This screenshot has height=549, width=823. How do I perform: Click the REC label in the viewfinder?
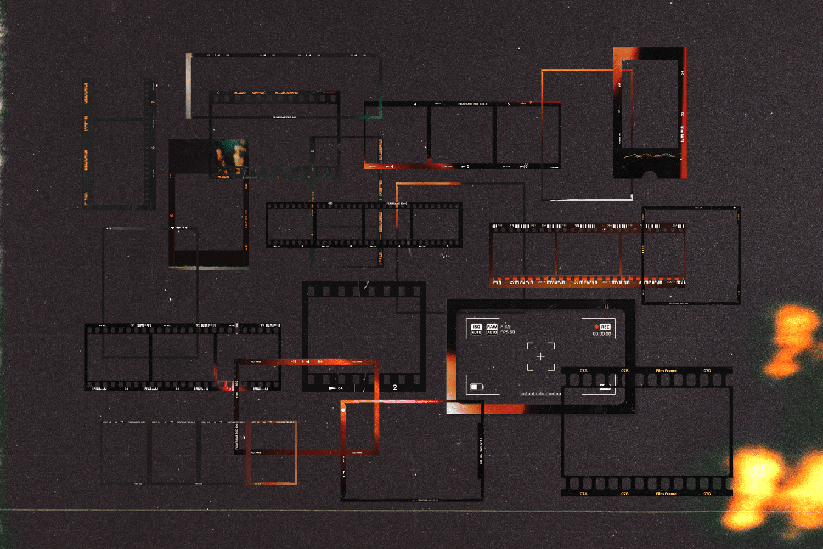(x=605, y=327)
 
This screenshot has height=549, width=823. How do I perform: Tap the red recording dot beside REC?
(x=596, y=327)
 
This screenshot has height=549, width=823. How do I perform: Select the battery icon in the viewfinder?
(x=477, y=387)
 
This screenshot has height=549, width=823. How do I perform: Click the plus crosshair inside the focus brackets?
(x=540, y=356)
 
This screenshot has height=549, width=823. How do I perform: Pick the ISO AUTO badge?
(x=476, y=329)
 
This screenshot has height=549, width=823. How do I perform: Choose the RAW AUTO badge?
(x=492, y=329)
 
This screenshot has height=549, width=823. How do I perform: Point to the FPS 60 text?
(x=508, y=332)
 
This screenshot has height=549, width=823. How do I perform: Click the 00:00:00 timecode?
(x=602, y=334)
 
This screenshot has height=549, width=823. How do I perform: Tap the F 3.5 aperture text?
(x=505, y=326)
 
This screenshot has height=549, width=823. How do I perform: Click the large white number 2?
(x=394, y=388)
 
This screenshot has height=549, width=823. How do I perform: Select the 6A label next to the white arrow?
(x=340, y=388)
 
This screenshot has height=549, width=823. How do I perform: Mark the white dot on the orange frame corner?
(x=343, y=410)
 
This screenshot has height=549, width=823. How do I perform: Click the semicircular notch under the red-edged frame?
(x=650, y=175)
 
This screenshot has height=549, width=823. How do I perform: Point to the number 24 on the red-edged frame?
(x=683, y=73)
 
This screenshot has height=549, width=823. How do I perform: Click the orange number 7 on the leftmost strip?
(x=153, y=102)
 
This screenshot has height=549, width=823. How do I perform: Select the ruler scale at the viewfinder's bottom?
(x=540, y=394)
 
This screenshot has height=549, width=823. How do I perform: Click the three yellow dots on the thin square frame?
(x=643, y=250)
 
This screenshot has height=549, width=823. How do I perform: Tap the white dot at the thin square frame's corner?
(x=735, y=208)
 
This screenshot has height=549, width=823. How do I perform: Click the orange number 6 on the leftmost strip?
(x=153, y=147)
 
